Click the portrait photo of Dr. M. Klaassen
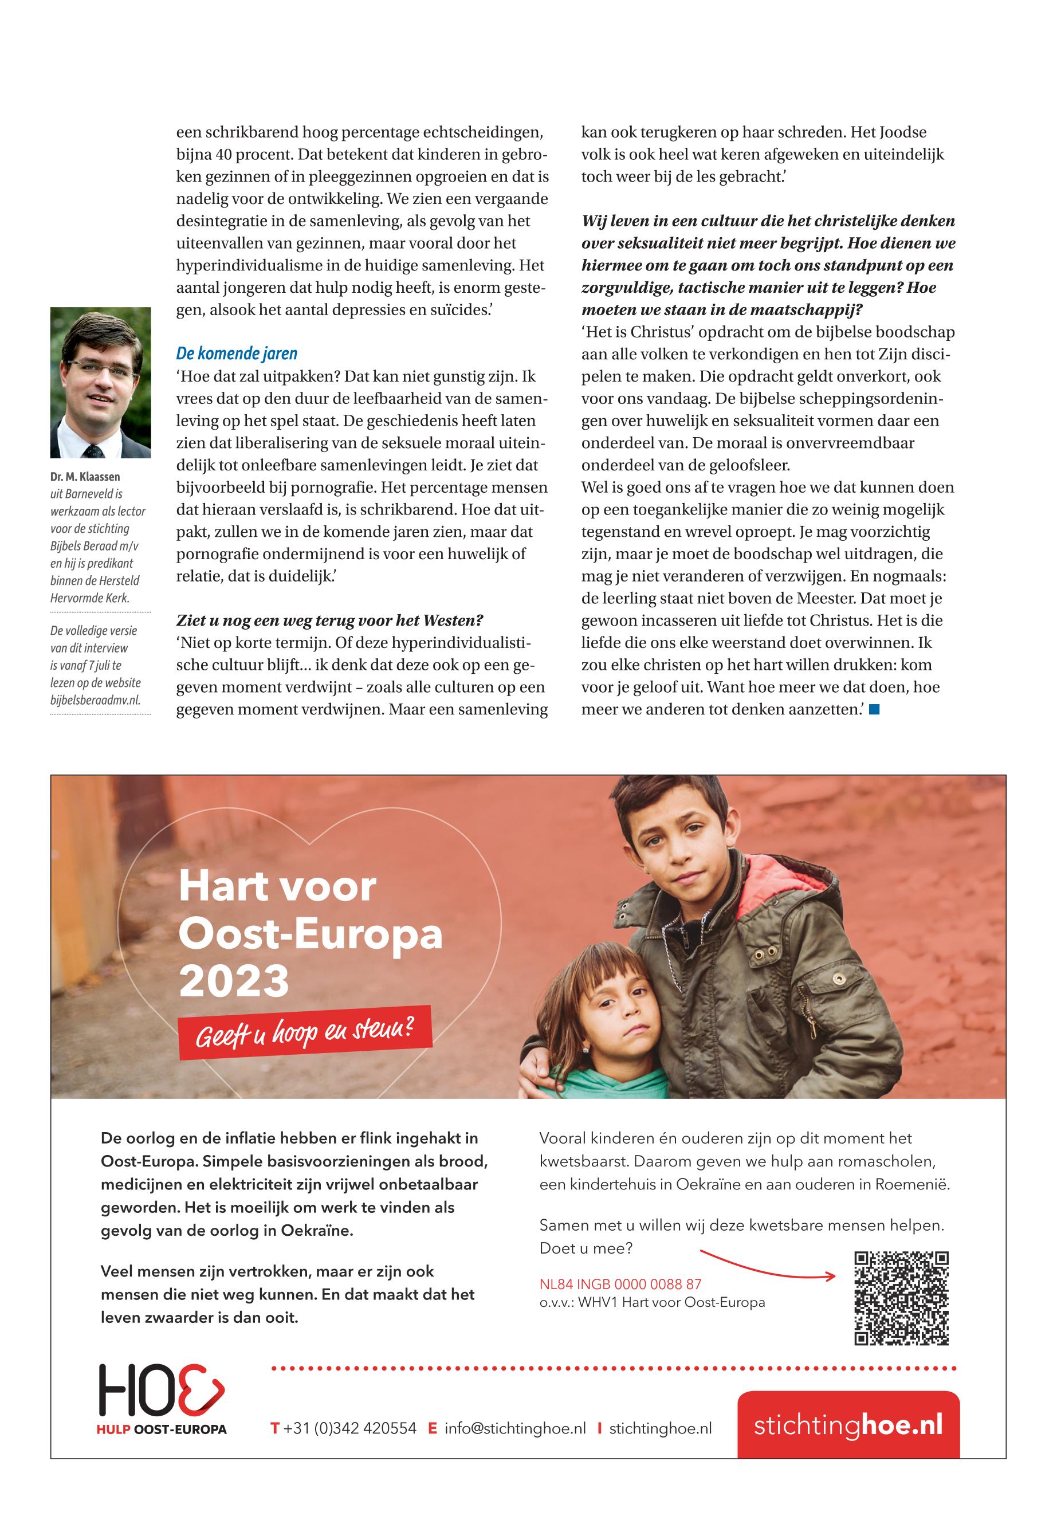[x=101, y=382]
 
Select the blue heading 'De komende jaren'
[x=237, y=353]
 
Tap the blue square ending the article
[x=874, y=709]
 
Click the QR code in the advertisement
[x=901, y=1298]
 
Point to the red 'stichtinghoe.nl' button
[x=848, y=1425]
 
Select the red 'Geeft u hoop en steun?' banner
[x=305, y=1032]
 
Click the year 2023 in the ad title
[x=234, y=981]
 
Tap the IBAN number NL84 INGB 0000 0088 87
[x=620, y=1285]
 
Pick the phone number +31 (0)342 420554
[x=349, y=1429]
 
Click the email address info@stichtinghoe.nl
[x=515, y=1429]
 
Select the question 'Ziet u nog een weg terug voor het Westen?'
[x=329, y=620]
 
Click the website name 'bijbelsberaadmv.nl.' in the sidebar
[x=95, y=700]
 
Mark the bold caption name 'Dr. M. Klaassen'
[x=85, y=477]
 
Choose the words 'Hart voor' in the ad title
[x=277, y=886]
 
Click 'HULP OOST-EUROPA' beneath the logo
[x=162, y=1429]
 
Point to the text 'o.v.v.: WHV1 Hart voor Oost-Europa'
[x=652, y=1303]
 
